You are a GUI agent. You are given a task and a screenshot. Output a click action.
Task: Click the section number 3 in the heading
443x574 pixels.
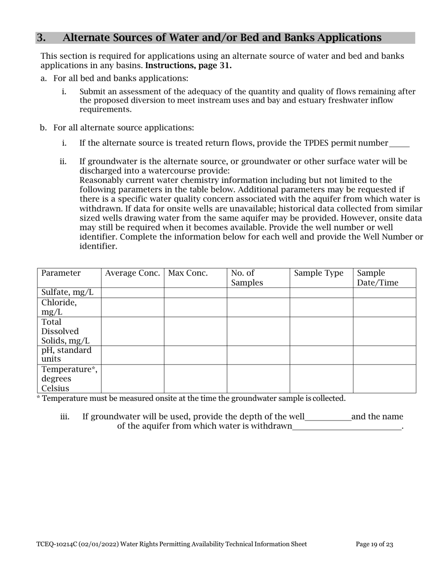click(x=41, y=38)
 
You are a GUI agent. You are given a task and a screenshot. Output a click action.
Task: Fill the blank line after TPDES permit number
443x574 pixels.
click(x=399, y=144)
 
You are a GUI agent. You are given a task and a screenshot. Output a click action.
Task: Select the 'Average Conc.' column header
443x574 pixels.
click(x=132, y=273)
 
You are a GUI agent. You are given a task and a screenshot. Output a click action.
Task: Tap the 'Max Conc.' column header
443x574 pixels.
click(x=188, y=273)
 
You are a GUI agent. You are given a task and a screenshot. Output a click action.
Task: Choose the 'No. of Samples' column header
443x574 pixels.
click(x=247, y=278)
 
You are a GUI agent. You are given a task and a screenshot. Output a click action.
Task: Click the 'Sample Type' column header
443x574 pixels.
click(x=318, y=273)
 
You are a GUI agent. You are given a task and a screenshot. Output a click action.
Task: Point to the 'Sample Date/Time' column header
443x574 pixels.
click(x=378, y=278)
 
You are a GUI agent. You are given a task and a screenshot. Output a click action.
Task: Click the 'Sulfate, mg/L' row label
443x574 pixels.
click(x=68, y=293)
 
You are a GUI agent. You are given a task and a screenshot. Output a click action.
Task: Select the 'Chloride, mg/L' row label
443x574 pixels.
click(x=59, y=307)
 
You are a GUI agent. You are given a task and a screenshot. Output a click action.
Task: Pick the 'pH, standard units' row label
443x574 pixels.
click(x=66, y=355)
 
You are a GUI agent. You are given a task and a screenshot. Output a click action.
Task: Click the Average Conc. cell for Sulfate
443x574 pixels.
click(x=132, y=293)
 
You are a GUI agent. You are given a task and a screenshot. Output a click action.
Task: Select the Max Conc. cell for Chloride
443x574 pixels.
click(x=195, y=307)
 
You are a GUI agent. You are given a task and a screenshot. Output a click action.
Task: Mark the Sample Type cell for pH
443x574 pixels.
click(x=321, y=355)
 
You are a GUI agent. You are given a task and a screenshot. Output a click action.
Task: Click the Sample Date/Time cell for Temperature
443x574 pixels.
click(x=384, y=378)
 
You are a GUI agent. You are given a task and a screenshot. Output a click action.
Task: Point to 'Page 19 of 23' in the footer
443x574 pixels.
click(x=374, y=544)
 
